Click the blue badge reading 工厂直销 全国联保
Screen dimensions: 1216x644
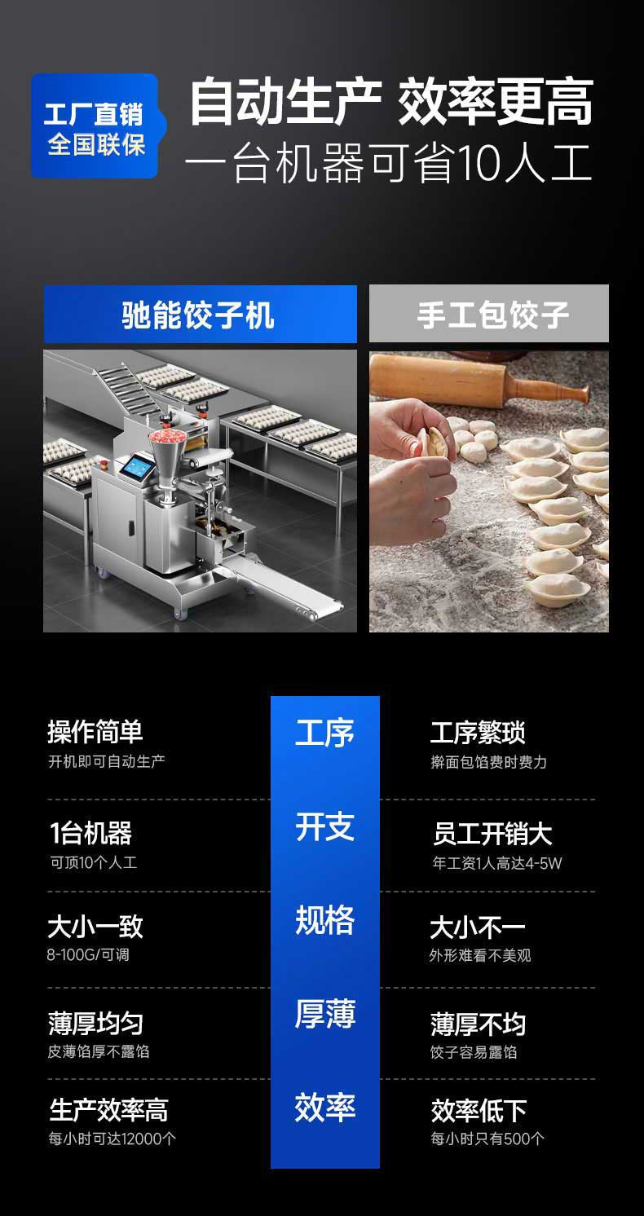pyautogui.click(x=95, y=126)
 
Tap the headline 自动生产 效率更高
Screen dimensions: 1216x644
pyautogui.click(x=390, y=103)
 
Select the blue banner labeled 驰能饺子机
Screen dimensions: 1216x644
pyautogui.click(x=200, y=314)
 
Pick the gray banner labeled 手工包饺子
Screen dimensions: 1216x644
pyautogui.click(x=489, y=314)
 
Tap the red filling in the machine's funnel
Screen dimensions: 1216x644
pyautogui.click(x=166, y=437)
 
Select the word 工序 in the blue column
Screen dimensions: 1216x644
pyautogui.click(x=324, y=733)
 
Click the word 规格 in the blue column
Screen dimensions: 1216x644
pyautogui.click(x=324, y=920)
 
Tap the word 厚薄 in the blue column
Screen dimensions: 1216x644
pyautogui.click(x=324, y=1014)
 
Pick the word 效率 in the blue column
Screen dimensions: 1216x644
pyautogui.click(x=324, y=1108)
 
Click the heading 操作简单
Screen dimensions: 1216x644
pyautogui.click(x=95, y=732)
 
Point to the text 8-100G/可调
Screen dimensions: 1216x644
pyautogui.click(x=88, y=954)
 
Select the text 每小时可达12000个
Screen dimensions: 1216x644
pyautogui.click(x=112, y=1139)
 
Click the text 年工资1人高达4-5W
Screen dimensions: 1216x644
pyautogui.click(x=496, y=863)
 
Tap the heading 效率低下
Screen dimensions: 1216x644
pyautogui.click(x=479, y=1110)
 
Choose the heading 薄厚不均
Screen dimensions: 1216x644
pyautogui.click(x=478, y=1024)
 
